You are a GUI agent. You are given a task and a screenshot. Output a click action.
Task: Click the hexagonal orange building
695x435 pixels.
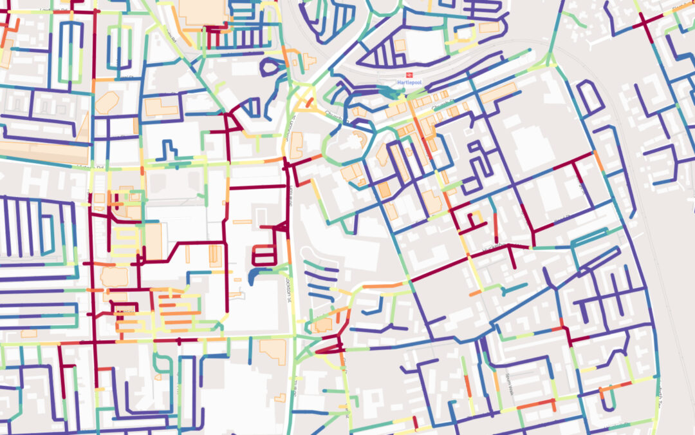click(107, 102)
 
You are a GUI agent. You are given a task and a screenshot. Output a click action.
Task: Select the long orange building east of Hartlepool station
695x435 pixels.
click(499, 93)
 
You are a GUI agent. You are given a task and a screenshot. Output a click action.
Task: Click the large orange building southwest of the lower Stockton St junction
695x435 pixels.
click(273, 351)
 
